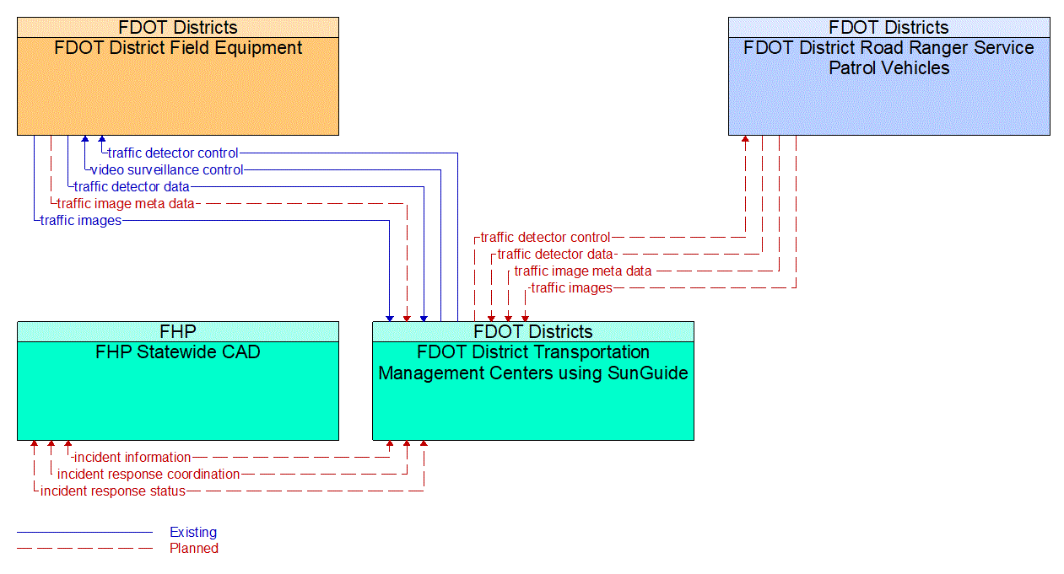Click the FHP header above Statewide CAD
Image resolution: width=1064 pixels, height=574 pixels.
(178, 331)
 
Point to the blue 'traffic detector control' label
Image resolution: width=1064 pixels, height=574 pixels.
(173, 153)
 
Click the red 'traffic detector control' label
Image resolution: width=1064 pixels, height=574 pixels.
(545, 238)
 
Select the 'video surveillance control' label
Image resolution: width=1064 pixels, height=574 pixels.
(167, 170)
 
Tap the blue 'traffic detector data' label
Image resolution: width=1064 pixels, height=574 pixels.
(132, 187)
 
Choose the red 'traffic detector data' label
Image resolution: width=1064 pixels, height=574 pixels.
(555, 255)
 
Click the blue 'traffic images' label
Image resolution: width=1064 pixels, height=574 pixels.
(81, 221)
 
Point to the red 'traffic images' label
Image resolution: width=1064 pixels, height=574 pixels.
(571, 288)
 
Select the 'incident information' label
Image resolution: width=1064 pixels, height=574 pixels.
(132, 458)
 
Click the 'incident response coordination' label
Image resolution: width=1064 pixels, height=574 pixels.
(149, 475)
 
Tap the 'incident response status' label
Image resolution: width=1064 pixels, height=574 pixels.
(113, 491)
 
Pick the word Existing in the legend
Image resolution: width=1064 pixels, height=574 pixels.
(193, 532)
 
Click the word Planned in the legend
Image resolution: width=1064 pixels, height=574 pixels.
(194, 548)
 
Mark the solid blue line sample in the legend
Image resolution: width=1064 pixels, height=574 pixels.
(84, 532)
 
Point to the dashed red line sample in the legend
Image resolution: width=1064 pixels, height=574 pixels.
(84, 548)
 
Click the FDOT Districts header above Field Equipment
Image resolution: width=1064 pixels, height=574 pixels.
(178, 27)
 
